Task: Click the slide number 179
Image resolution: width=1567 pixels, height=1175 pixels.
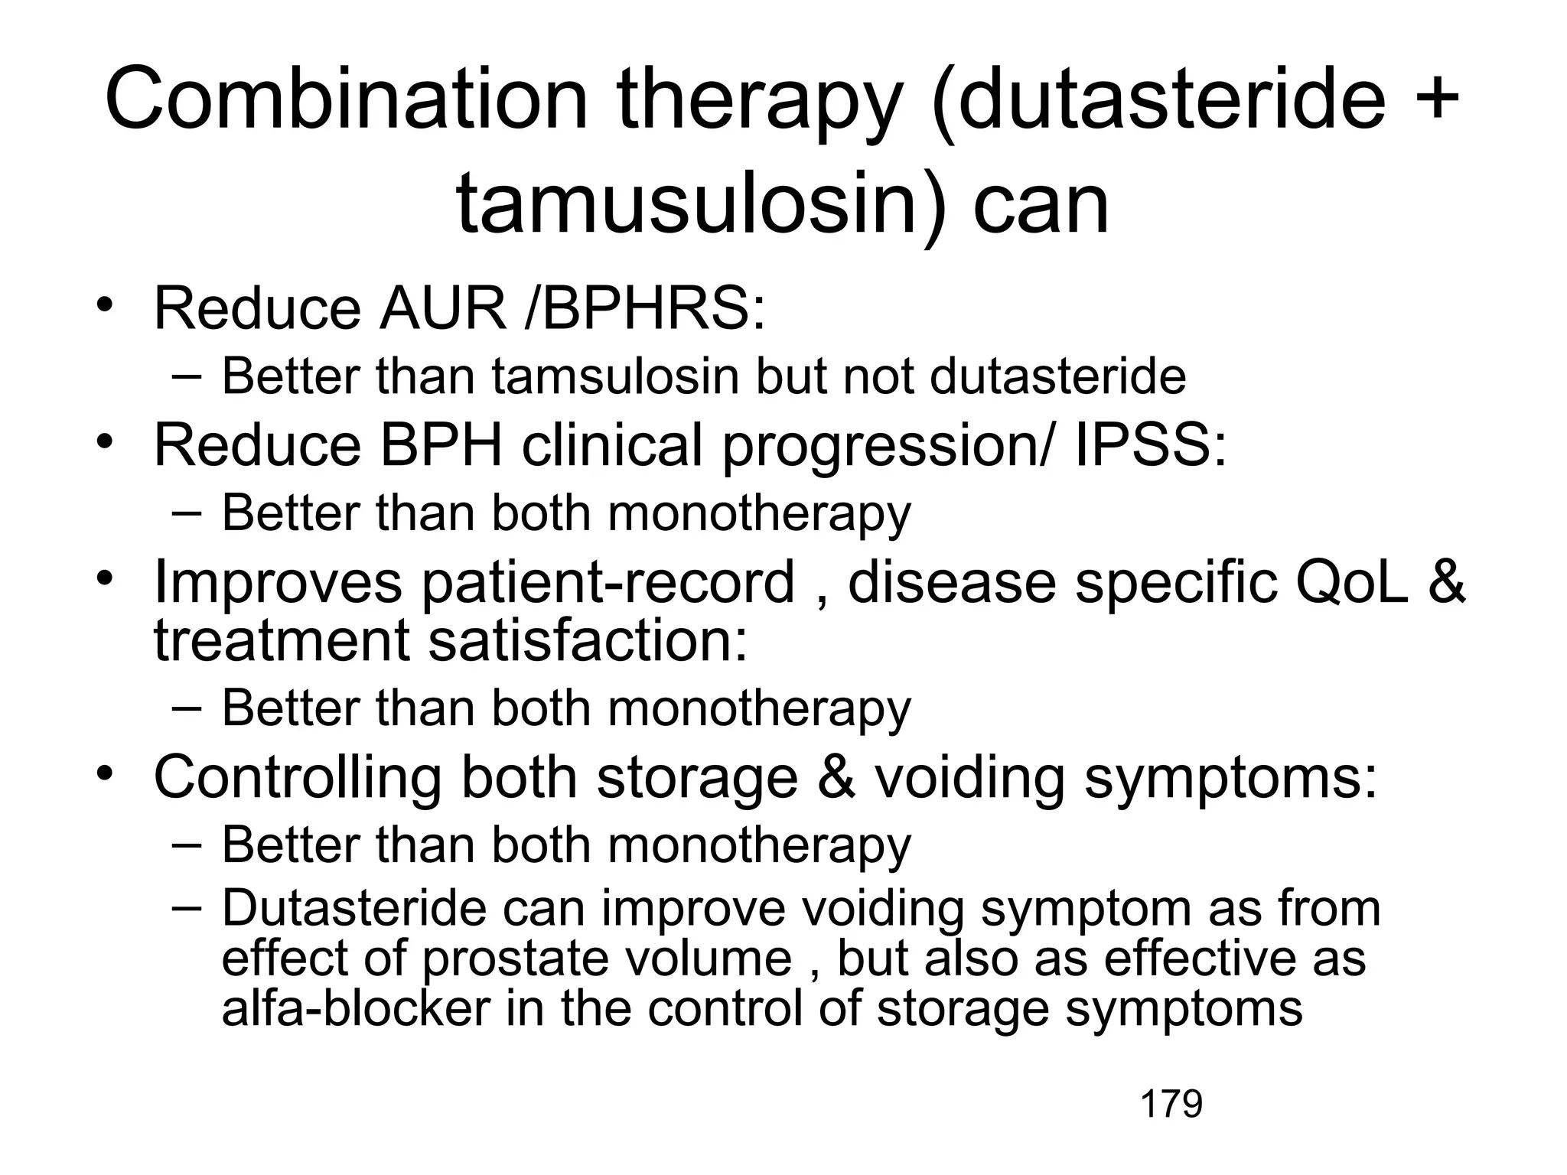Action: pos(1171,1104)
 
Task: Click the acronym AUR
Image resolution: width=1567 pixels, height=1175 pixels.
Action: pos(442,308)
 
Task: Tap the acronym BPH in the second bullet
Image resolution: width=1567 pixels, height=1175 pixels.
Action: pos(441,444)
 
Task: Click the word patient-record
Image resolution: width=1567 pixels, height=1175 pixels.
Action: pos(608,582)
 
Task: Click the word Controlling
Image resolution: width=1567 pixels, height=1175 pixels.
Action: pos(298,777)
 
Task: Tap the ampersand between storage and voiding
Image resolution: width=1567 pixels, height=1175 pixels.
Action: pos(836,777)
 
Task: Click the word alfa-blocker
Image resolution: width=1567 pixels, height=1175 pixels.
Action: pos(356,1008)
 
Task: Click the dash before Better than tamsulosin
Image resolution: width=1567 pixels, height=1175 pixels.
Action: pos(187,376)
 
